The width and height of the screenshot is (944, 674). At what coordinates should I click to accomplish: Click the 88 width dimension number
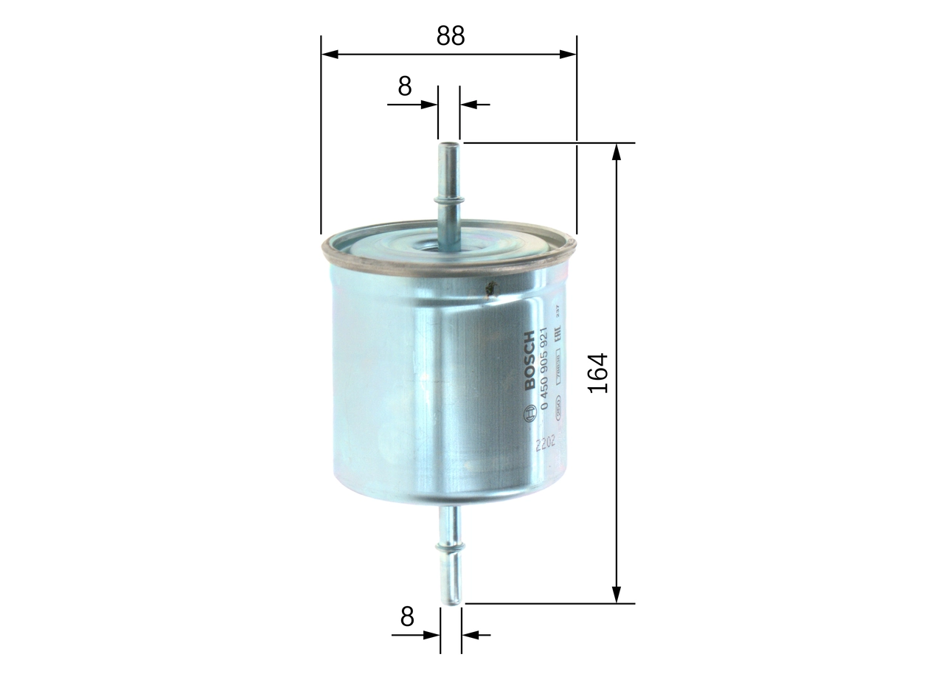click(x=450, y=35)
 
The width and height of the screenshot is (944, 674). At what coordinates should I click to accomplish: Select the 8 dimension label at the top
click(x=405, y=86)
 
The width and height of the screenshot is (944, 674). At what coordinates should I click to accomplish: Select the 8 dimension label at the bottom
click(x=407, y=616)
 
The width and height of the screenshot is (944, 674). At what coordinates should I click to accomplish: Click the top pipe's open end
click(x=449, y=145)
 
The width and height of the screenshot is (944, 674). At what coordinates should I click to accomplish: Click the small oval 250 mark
click(x=559, y=405)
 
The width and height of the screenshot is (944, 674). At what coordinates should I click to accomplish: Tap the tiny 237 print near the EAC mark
click(x=559, y=310)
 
